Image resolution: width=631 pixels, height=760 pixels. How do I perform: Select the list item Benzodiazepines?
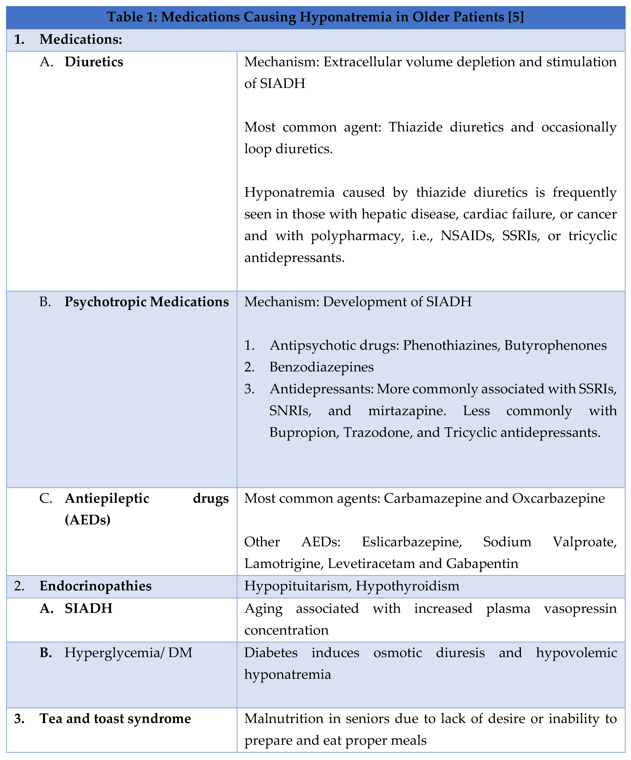321,367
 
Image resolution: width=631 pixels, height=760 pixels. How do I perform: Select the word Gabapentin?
482,563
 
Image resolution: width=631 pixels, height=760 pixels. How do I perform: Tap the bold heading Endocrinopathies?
95,586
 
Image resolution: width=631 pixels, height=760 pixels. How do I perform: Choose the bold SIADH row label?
89,608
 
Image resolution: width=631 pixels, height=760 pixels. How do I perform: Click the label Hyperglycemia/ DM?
128,653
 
